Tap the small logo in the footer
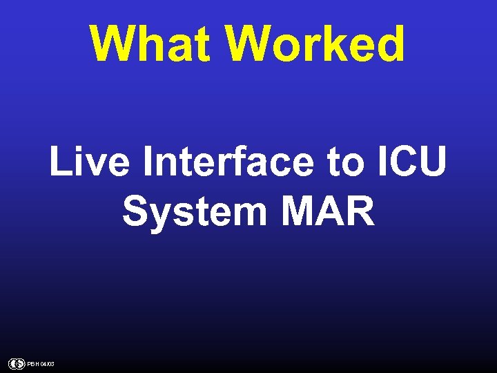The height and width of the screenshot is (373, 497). [17, 363]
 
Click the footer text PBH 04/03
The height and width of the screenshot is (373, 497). [41, 364]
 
